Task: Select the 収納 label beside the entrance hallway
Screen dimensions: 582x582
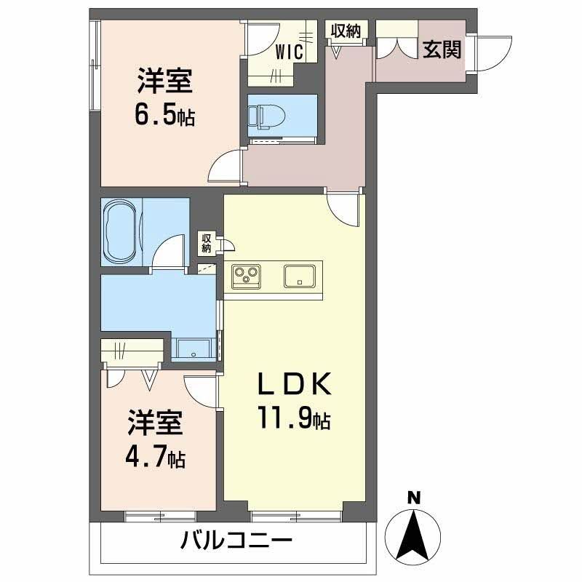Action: (346, 31)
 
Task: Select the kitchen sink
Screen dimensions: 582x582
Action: (298, 276)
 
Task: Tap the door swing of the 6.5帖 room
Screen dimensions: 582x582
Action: (226, 165)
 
